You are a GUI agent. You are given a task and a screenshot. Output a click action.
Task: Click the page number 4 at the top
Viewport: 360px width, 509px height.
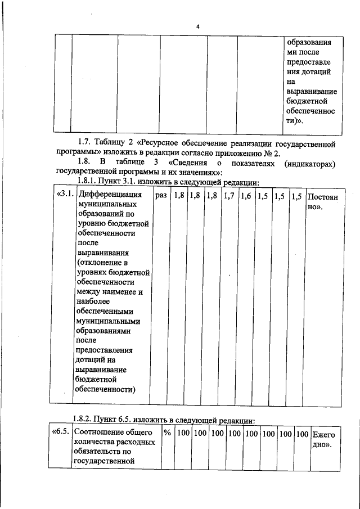pyautogui.click(x=197, y=26)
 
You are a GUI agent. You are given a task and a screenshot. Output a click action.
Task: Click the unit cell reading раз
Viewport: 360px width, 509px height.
pyautogui.click(x=161, y=196)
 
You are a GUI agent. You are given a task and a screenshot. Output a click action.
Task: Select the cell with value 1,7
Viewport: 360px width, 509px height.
pyautogui.click(x=229, y=196)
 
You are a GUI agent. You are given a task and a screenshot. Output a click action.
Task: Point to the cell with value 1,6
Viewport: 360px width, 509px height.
pyautogui.click(x=246, y=196)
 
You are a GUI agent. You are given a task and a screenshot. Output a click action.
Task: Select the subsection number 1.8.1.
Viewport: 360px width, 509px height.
pyautogui.click(x=85, y=183)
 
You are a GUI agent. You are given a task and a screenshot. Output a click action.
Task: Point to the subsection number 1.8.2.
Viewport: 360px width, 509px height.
pyautogui.click(x=85, y=420)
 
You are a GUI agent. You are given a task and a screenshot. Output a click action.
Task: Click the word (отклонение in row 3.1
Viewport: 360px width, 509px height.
pyautogui.click(x=100, y=263)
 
